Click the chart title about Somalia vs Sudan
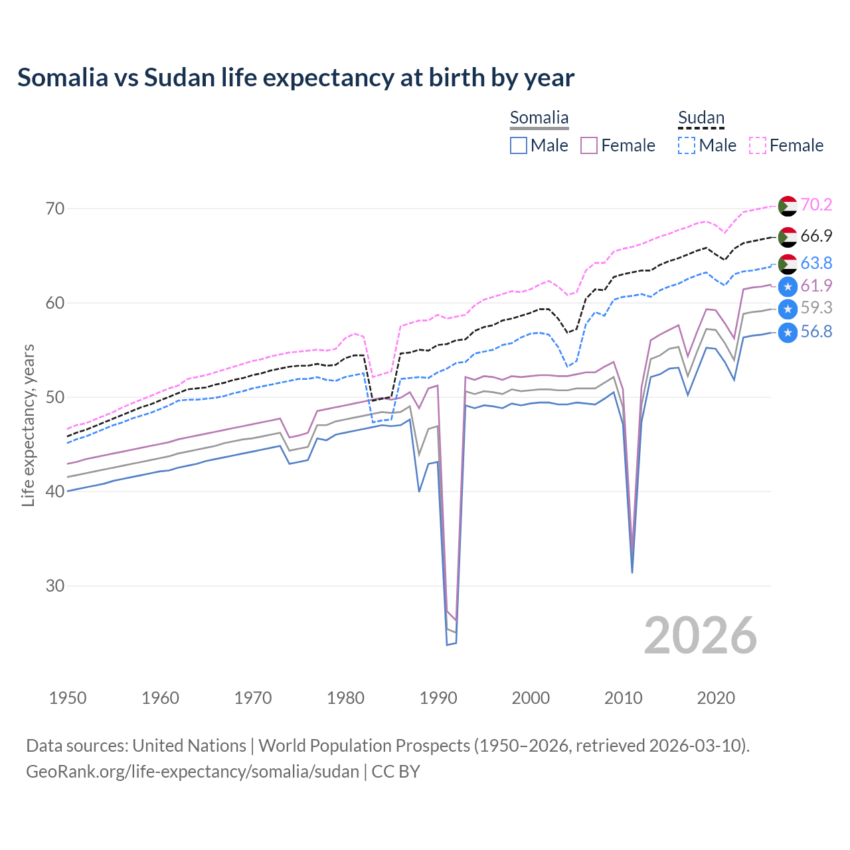296,78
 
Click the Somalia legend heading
539,118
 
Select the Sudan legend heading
701,118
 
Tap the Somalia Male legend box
519,145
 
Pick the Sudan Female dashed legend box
758,145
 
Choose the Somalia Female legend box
589,145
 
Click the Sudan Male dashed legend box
687,145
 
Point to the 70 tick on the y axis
55,209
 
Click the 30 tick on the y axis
55,586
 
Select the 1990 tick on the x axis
438,698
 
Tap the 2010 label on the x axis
623,698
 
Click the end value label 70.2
816,205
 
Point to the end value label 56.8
816,331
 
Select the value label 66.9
816,236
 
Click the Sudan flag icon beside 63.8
788,264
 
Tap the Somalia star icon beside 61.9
788,287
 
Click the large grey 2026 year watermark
700,636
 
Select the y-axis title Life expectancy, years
29,425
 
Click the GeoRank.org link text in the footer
193,772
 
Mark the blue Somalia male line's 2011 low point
632,572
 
